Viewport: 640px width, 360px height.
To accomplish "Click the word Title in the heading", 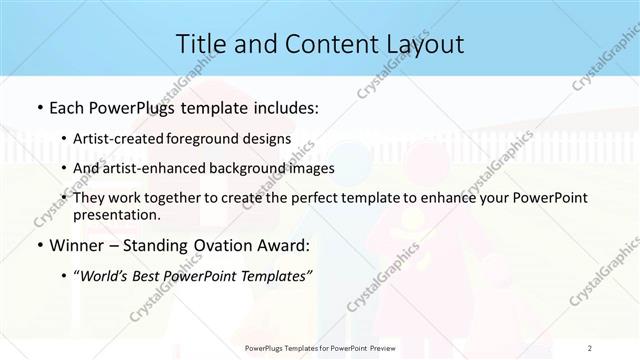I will coord(201,44).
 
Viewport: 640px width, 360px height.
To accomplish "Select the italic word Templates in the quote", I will coord(276,277).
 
